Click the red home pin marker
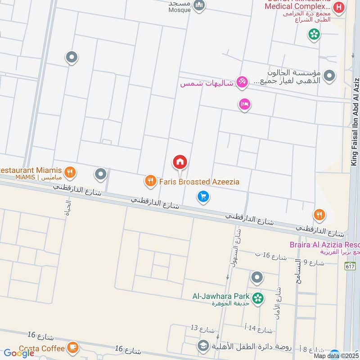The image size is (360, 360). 180,162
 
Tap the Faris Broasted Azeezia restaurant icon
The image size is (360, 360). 150,181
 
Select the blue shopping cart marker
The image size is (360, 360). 203,197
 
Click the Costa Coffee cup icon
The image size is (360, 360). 72,347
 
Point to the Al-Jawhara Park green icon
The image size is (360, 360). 258,298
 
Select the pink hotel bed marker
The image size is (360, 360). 244,104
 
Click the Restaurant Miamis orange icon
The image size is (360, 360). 69,171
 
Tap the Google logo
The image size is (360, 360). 19,353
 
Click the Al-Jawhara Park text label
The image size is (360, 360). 221,296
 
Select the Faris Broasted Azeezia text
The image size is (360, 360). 199,182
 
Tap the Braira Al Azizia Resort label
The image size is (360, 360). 324,245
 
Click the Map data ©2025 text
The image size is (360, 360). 336,355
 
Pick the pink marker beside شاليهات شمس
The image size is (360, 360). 242,82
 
